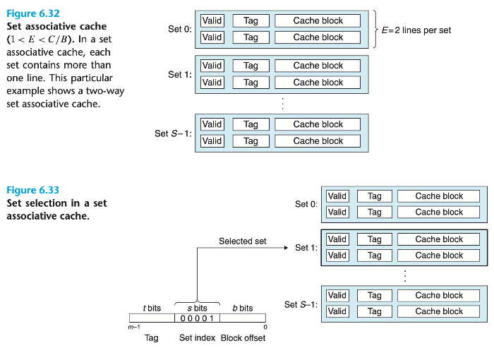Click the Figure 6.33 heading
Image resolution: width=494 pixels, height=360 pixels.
[x=32, y=191]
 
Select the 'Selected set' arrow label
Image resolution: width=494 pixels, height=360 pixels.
[x=242, y=241]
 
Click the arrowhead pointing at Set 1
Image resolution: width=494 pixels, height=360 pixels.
[x=284, y=248]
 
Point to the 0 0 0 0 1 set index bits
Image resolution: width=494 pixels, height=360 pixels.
[x=197, y=318]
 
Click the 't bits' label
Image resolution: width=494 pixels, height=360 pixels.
[x=152, y=308]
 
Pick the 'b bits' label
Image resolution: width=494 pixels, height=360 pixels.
[x=242, y=308]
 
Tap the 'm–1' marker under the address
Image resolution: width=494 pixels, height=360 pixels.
[x=133, y=327]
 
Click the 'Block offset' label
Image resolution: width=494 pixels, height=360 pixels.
[x=243, y=338]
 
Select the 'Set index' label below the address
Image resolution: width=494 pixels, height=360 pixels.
[x=197, y=338]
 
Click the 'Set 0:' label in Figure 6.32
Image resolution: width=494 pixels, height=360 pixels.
[x=179, y=29]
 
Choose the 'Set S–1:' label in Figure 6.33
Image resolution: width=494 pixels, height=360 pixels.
[x=301, y=304]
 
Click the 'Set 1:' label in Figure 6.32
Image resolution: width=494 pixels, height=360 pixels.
[x=179, y=74]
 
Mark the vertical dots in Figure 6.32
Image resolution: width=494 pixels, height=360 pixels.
[x=282, y=104]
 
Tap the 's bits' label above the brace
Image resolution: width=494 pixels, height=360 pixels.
[x=197, y=308]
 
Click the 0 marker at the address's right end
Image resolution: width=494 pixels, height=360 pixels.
[x=265, y=327]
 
